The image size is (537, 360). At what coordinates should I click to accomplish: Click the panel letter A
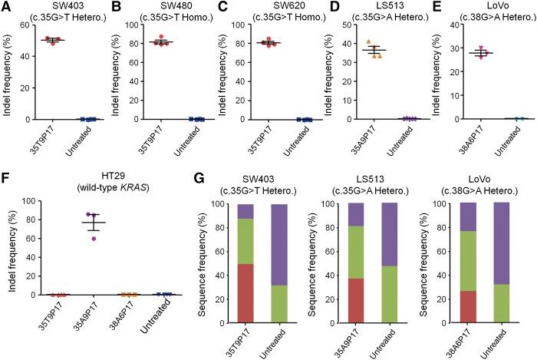pos(6,7)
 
